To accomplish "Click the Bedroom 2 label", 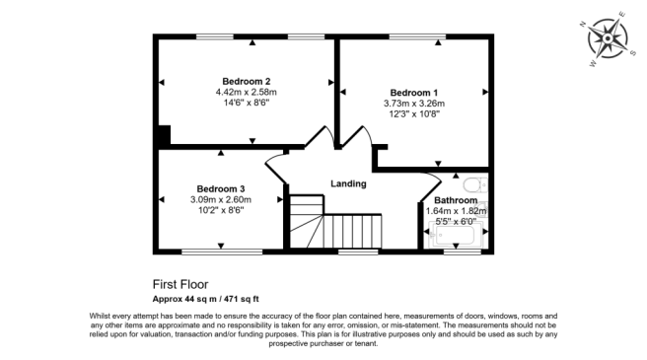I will pyautogui.click(x=246, y=81).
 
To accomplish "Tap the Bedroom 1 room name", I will pyautogui.click(x=414, y=91).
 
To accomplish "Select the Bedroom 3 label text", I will pyautogui.click(x=220, y=188).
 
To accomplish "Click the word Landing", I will pyautogui.click(x=347, y=183).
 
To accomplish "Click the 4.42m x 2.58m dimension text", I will pyautogui.click(x=246, y=92).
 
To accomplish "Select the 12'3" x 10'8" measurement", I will pyautogui.click(x=414, y=113).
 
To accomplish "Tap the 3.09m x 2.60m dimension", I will pyautogui.click(x=220, y=199).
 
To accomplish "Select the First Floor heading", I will pyautogui.click(x=180, y=283).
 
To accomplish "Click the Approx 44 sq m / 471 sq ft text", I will pyautogui.click(x=212, y=297).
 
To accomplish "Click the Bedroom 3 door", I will pyautogui.click(x=276, y=170).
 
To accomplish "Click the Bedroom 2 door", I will pyautogui.click(x=318, y=139).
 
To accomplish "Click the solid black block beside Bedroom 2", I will pyautogui.click(x=164, y=135).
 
